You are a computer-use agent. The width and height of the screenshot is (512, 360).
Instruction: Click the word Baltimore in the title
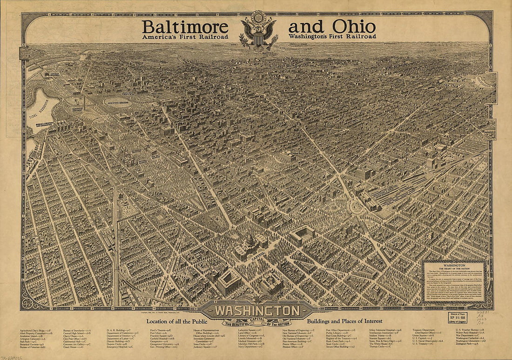point(185,26)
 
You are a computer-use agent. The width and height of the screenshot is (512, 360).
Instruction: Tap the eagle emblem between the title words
point(257,31)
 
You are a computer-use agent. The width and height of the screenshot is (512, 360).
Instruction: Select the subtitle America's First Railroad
point(185,36)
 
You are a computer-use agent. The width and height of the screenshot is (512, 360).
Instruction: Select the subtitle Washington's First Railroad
point(332,36)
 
